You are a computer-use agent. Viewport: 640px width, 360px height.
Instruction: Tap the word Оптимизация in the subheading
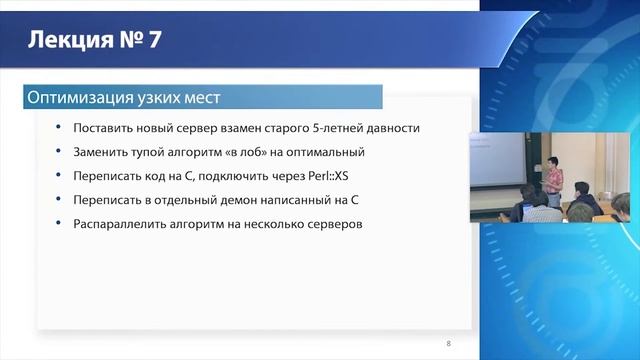click(76, 97)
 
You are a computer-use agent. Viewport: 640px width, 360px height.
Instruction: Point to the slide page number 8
click(448, 343)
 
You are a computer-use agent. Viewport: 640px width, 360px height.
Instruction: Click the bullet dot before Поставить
click(57, 128)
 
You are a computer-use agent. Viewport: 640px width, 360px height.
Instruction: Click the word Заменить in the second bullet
click(99, 152)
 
